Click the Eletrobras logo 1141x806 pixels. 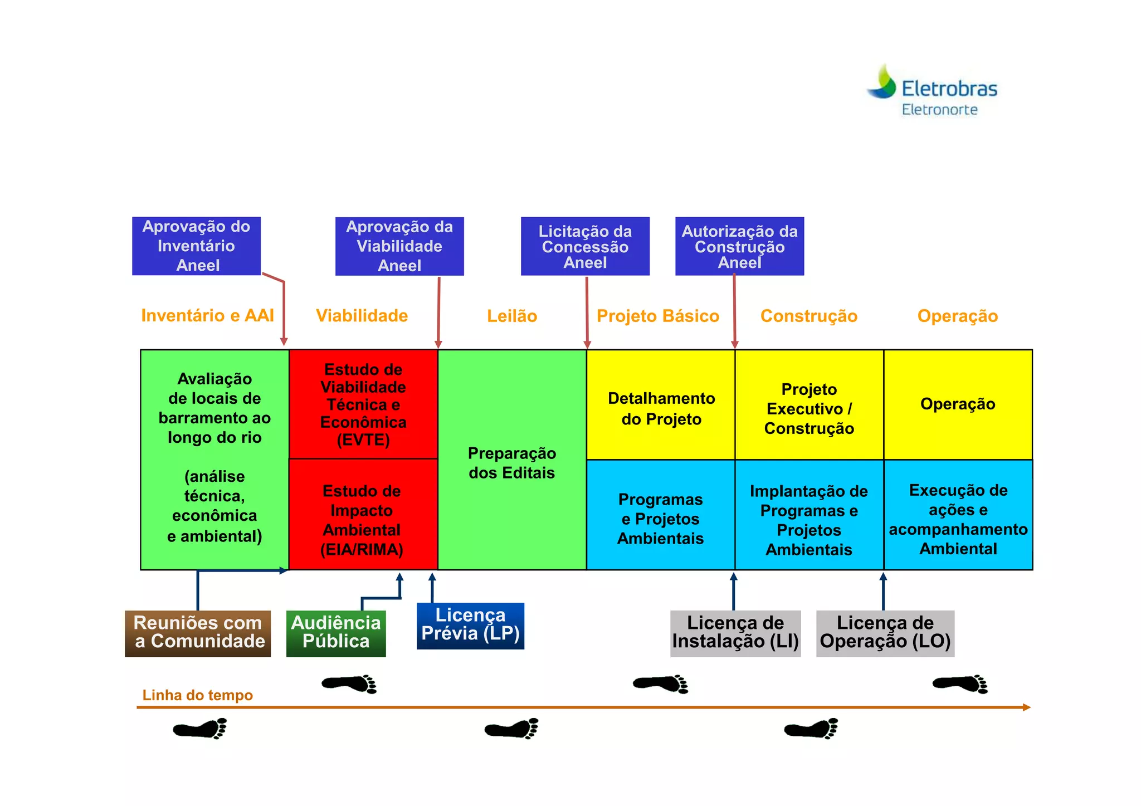932,91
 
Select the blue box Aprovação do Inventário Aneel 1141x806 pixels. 196,246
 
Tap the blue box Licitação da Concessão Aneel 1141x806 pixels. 585,246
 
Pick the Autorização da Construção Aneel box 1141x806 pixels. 739,246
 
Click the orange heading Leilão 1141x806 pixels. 511,316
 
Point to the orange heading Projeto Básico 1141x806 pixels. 657,316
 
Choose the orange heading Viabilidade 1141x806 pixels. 362,316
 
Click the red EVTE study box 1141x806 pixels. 363,404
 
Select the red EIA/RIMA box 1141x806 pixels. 362,519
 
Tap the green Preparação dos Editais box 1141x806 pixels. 511,462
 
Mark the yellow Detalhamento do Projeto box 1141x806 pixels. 661,408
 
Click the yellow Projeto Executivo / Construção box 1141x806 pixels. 809,408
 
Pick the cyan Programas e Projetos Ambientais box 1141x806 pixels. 661,519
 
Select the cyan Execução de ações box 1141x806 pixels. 958,519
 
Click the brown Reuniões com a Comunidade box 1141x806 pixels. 198,633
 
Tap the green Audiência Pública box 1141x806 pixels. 336,633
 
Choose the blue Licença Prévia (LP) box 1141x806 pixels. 470,626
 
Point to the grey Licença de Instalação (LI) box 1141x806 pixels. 735,633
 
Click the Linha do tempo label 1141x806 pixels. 197,695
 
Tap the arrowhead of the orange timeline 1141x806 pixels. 1026,707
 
